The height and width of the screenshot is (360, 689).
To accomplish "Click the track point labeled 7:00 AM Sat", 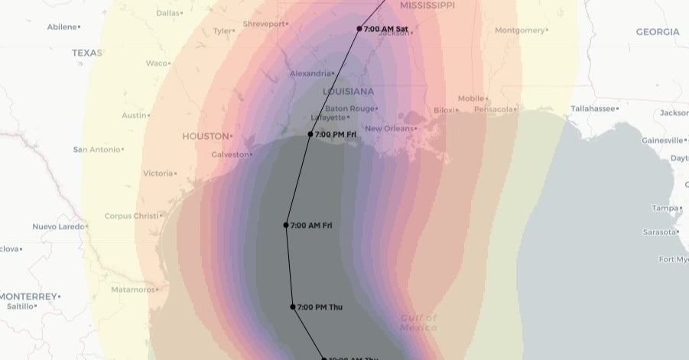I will [x=359, y=29].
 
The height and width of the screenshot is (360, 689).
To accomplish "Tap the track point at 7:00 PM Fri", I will [x=310, y=135].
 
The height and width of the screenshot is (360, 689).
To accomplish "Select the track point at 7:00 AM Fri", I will [x=286, y=225].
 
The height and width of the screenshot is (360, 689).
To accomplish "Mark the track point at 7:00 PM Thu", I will [x=293, y=306].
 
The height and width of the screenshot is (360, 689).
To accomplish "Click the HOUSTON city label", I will [x=205, y=136].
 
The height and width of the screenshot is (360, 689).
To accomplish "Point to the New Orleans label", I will [x=388, y=128].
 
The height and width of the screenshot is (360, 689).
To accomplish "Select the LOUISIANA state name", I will [x=349, y=91].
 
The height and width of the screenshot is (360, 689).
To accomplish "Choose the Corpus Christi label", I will [x=131, y=216].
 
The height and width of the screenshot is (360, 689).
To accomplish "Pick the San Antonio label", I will [x=96, y=149].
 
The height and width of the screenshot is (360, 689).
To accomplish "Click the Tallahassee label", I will [x=593, y=109].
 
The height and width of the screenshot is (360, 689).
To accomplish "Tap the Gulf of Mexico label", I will [x=418, y=323].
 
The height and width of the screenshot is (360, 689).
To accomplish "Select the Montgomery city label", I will [x=519, y=31].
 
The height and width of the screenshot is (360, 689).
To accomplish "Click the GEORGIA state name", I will [x=657, y=32].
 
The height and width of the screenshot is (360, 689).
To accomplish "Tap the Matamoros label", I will [x=132, y=290].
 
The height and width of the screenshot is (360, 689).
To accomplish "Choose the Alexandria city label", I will [x=310, y=73].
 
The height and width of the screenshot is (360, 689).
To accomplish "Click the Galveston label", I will [x=230, y=154].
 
